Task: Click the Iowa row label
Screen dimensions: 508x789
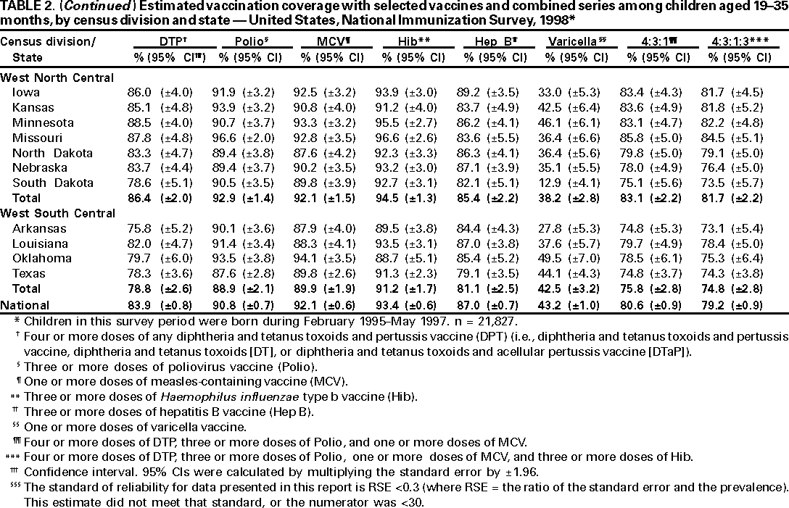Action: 26,93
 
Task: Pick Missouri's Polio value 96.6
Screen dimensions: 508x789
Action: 231,138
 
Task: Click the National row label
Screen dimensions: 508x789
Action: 24,304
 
